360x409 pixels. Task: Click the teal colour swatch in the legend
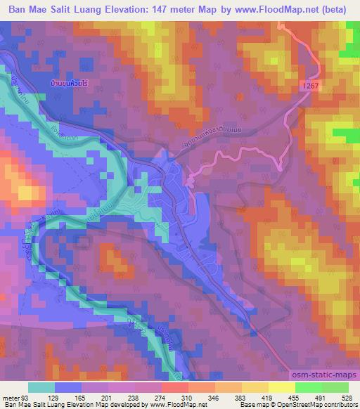coord(41,387)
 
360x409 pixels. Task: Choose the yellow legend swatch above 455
coord(283,387)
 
